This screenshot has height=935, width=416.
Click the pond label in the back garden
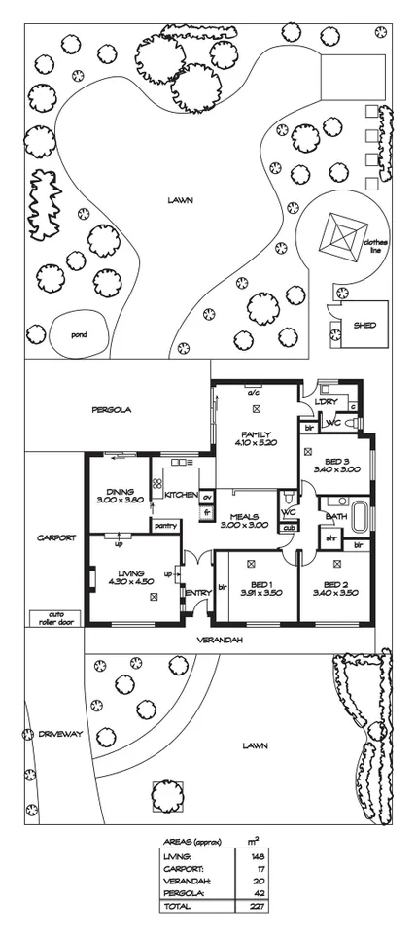point(79,334)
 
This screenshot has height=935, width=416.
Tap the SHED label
point(364,327)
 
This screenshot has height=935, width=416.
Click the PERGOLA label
point(112,410)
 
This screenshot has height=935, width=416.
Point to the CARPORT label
point(54,537)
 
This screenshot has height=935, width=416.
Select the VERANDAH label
point(221,641)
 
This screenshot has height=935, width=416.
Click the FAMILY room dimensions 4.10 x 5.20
point(256,443)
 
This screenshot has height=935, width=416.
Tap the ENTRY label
point(198,593)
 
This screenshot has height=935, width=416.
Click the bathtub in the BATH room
point(363,516)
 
